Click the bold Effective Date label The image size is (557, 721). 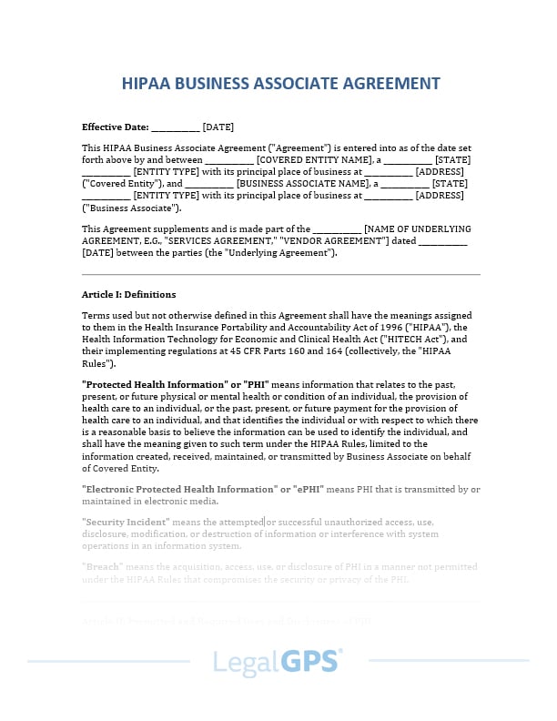(115, 127)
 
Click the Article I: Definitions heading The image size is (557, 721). (128, 295)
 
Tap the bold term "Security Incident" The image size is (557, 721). (126, 522)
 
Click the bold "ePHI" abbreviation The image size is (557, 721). (306, 489)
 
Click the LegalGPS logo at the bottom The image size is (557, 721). (278, 662)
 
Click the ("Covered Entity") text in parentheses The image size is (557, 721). (119, 183)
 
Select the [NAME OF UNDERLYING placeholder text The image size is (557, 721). (417, 228)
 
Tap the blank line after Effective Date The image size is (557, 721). (175, 128)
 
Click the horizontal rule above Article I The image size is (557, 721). (280, 274)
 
